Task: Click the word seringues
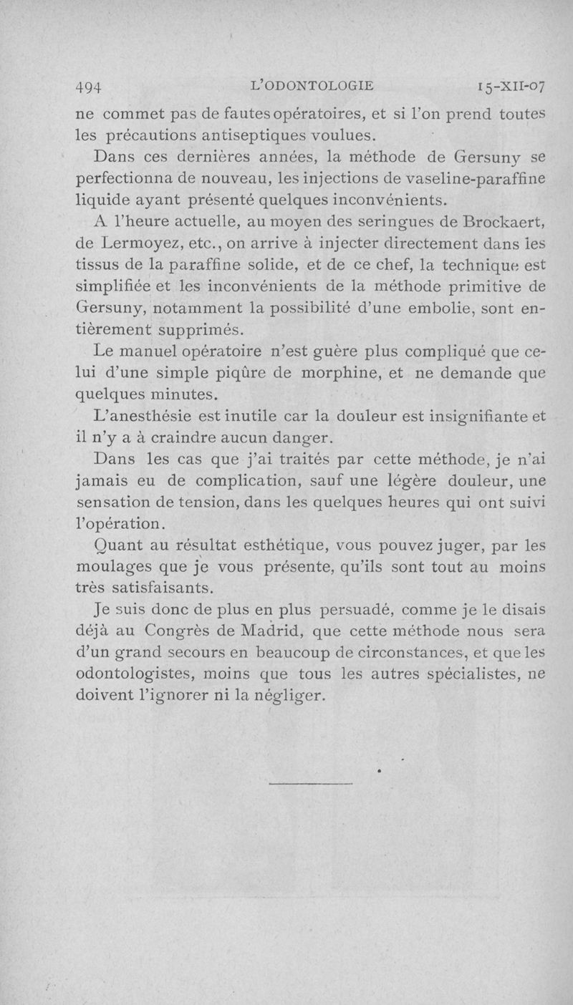click(375, 220)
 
